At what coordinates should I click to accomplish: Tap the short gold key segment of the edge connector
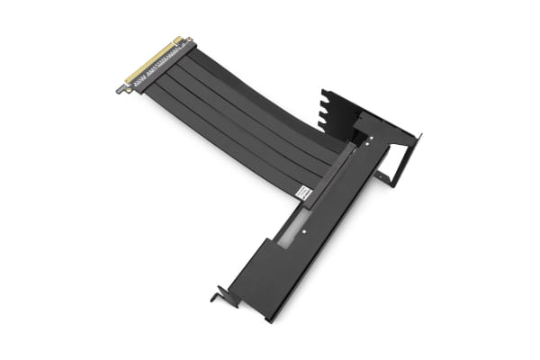[178, 40]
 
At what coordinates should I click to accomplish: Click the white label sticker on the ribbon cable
[303, 193]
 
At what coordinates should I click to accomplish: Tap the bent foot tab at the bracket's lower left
[218, 295]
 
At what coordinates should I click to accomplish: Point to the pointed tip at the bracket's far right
[419, 137]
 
